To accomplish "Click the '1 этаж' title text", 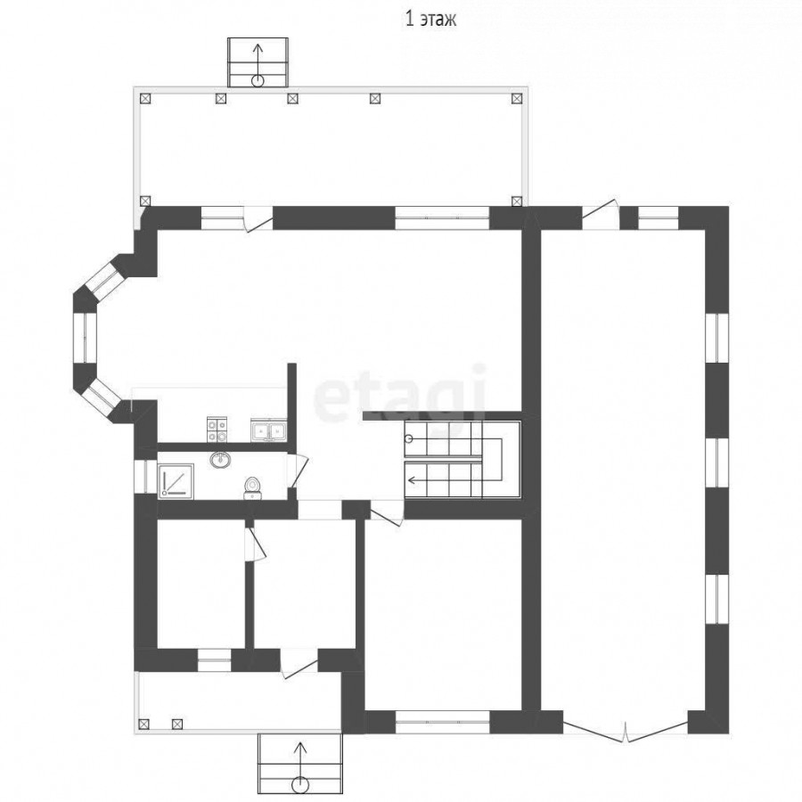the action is (430, 19).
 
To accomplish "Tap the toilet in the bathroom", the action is (252, 487).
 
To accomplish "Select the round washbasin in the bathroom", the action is (220, 459).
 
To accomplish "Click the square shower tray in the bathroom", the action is (176, 481).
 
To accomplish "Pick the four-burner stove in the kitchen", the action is (217, 430).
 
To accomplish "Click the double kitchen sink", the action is (268, 430).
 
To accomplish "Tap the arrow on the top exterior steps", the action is (258, 64).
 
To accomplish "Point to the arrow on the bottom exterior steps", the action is (301, 765).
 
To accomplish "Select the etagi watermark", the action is (399, 395).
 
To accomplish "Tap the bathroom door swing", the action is (298, 470).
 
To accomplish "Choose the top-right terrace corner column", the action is (517, 99).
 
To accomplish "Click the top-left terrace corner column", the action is (146, 99).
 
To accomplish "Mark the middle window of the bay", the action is (85, 338).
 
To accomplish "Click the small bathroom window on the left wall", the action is (145, 477).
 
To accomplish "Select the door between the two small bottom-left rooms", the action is (255, 544).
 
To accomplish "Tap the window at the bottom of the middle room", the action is (442, 722).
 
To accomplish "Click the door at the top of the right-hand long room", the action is (601, 216).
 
